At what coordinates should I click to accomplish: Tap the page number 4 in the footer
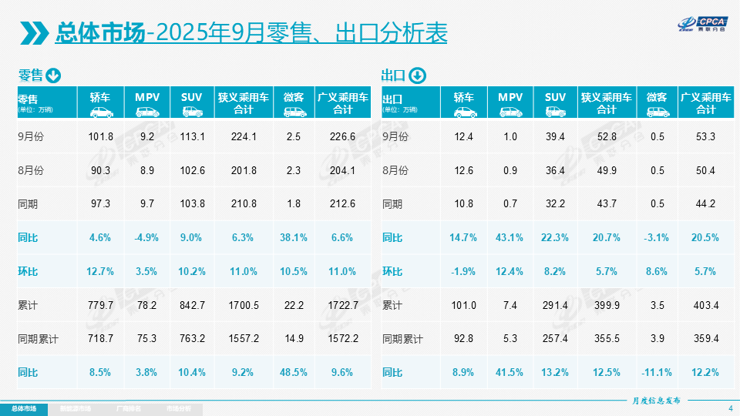(730, 408)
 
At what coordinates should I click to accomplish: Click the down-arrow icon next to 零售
(53, 75)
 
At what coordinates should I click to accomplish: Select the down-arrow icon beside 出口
(416, 75)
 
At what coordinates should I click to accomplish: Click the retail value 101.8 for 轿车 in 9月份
(101, 137)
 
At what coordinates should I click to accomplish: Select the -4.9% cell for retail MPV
(146, 238)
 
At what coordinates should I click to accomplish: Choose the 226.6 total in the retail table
(342, 137)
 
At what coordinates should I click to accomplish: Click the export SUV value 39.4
(555, 137)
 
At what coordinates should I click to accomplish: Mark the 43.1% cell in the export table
(510, 238)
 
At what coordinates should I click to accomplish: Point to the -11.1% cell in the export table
(657, 373)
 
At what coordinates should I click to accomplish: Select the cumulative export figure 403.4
(706, 306)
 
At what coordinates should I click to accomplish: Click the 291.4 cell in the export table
(555, 306)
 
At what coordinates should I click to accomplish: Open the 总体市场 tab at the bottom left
(23, 408)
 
